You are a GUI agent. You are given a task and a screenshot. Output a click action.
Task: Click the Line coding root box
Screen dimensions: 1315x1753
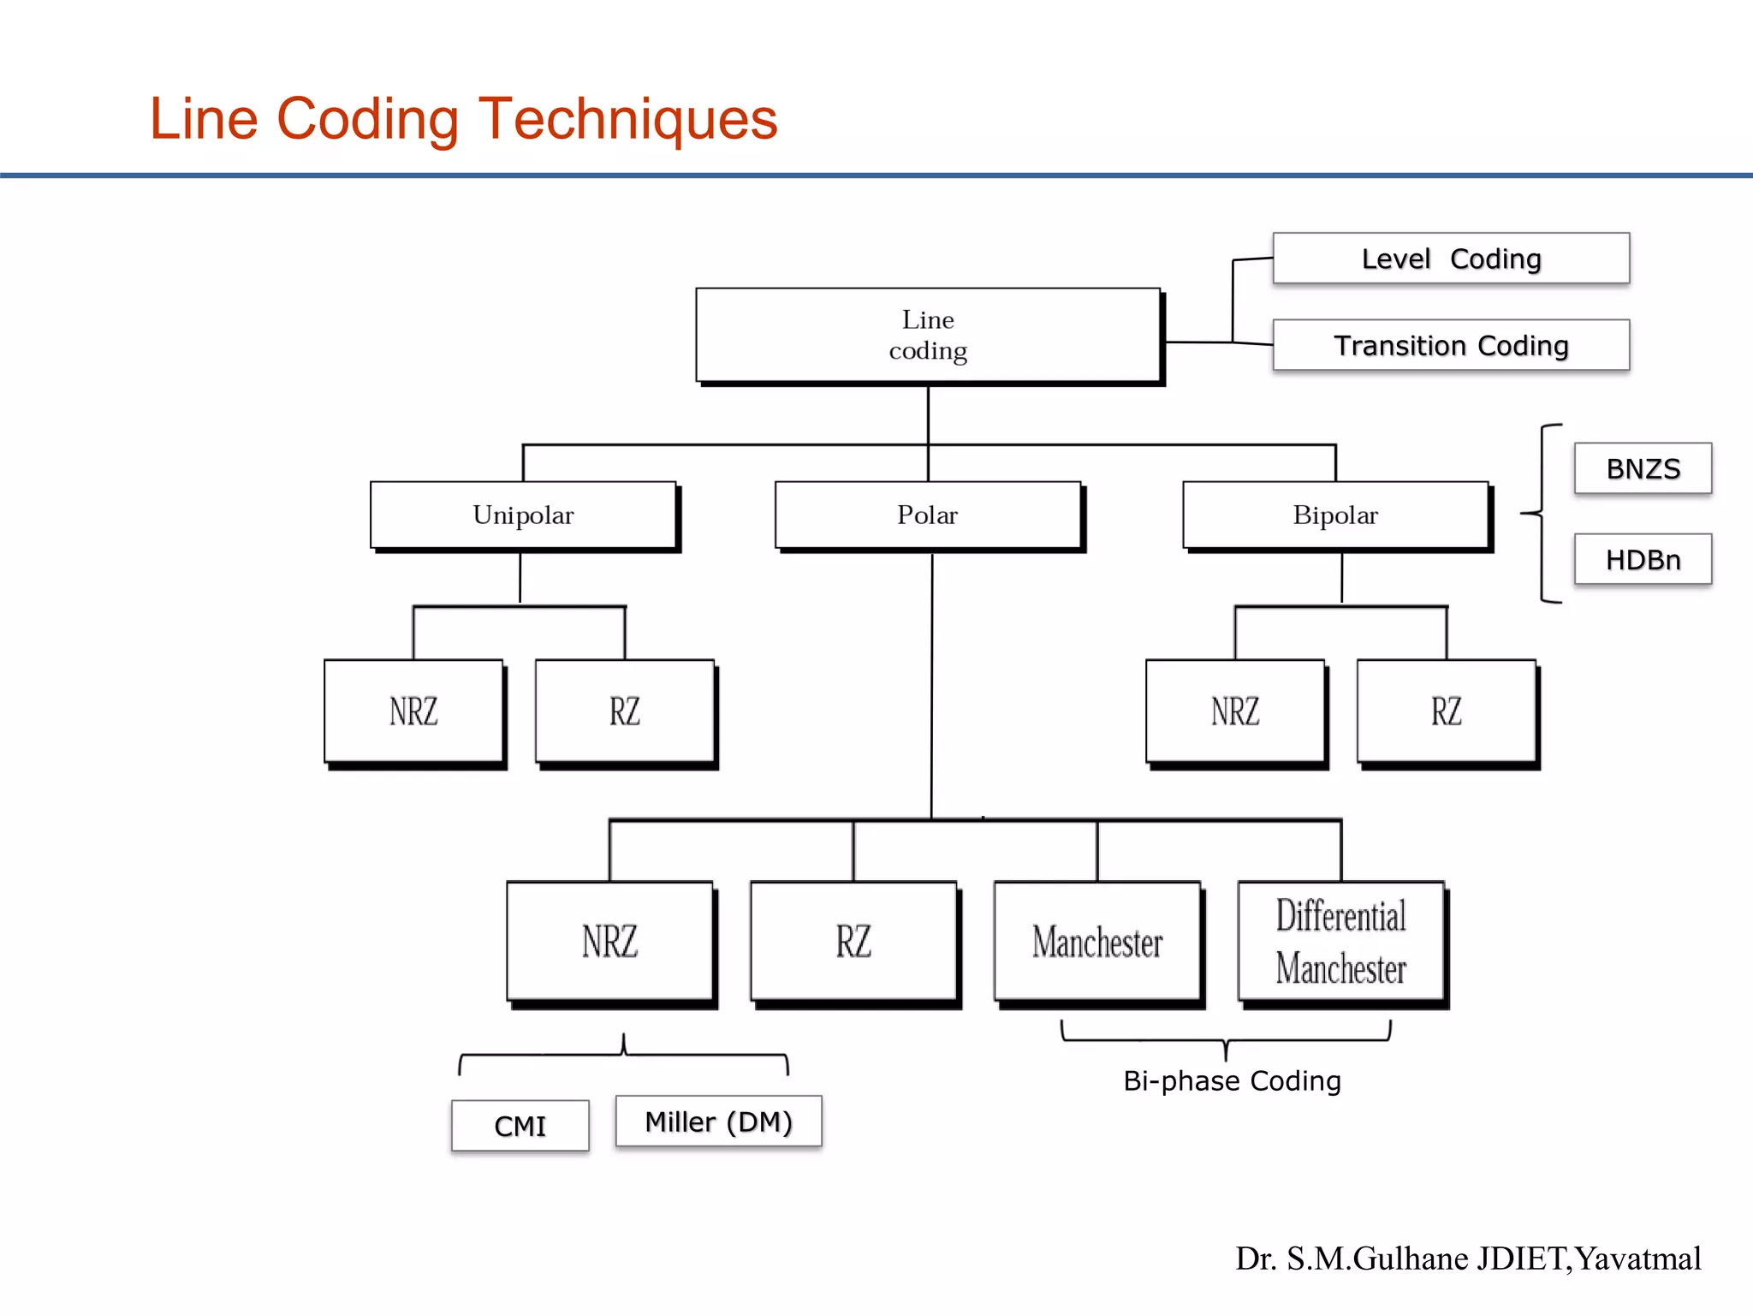(x=928, y=335)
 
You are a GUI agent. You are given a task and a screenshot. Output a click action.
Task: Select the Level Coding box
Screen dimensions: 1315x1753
(x=1451, y=259)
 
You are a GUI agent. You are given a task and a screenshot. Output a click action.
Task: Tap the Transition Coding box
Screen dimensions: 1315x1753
(x=1451, y=345)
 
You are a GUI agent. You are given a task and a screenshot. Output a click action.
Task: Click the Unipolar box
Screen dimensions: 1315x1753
(x=523, y=515)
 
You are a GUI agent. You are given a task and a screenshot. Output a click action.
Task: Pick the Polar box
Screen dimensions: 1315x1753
(x=928, y=515)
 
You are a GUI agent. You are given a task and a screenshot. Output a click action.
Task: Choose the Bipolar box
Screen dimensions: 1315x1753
(x=1335, y=515)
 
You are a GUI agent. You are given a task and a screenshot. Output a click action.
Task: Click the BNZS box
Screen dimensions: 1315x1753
(x=1643, y=468)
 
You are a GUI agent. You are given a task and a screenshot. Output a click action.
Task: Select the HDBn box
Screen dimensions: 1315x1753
(x=1643, y=559)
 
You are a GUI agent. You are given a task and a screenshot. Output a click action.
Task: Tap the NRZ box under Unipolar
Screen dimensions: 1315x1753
(x=413, y=711)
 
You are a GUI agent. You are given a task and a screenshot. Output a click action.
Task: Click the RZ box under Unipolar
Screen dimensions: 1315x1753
(x=625, y=711)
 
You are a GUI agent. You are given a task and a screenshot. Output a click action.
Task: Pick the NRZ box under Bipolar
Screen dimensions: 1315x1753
(x=1235, y=711)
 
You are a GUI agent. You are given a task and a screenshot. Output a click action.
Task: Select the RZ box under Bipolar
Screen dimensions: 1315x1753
(x=1447, y=711)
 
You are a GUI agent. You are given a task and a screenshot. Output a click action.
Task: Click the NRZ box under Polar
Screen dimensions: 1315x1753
(x=609, y=941)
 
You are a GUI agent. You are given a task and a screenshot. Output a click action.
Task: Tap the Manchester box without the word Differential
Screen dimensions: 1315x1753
(x=1097, y=941)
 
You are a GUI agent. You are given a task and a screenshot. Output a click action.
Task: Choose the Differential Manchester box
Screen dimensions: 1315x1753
(x=1341, y=941)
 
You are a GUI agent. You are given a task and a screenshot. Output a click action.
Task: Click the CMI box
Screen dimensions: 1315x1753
(x=520, y=1126)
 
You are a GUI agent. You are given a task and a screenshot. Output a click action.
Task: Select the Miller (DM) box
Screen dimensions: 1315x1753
(x=718, y=1122)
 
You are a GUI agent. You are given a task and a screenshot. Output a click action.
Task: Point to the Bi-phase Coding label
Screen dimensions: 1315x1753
(x=1232, y=1080)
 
